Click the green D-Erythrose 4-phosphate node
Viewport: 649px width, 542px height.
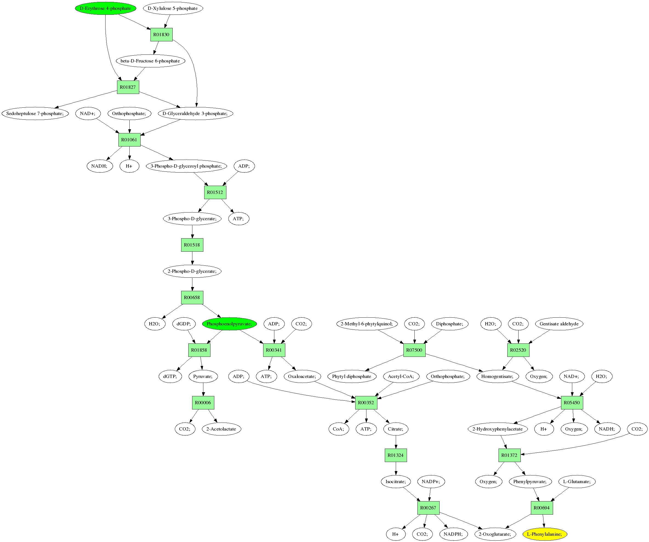[106, 8]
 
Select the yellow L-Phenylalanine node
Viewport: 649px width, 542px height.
[545, 534]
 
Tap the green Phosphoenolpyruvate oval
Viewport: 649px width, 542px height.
[229, 324]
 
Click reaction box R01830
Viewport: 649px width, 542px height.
[161, 35]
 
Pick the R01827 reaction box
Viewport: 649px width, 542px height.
[128, 87]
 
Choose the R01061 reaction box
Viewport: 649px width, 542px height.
[129, 140]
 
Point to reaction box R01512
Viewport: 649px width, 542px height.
[215, 192]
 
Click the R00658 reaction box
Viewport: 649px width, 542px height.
[192, 297]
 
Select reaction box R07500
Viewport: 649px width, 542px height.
[414, 350]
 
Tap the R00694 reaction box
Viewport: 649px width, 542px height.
[542, 508]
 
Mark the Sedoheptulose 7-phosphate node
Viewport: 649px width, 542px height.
[35, 113]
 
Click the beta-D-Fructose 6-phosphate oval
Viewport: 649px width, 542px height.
[150, 61]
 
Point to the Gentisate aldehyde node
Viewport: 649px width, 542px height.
[559, 324]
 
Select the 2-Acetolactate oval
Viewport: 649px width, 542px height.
[221, 429]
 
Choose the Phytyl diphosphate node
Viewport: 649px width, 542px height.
[352, 376]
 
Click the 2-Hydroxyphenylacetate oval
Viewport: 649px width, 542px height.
[497, 429]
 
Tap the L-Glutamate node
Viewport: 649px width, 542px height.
[577, 481]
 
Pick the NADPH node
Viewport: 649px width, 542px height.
[453, 534]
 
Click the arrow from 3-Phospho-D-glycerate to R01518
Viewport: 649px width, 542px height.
[192, 232]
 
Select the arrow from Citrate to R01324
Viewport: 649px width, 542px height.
[396, 442]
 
